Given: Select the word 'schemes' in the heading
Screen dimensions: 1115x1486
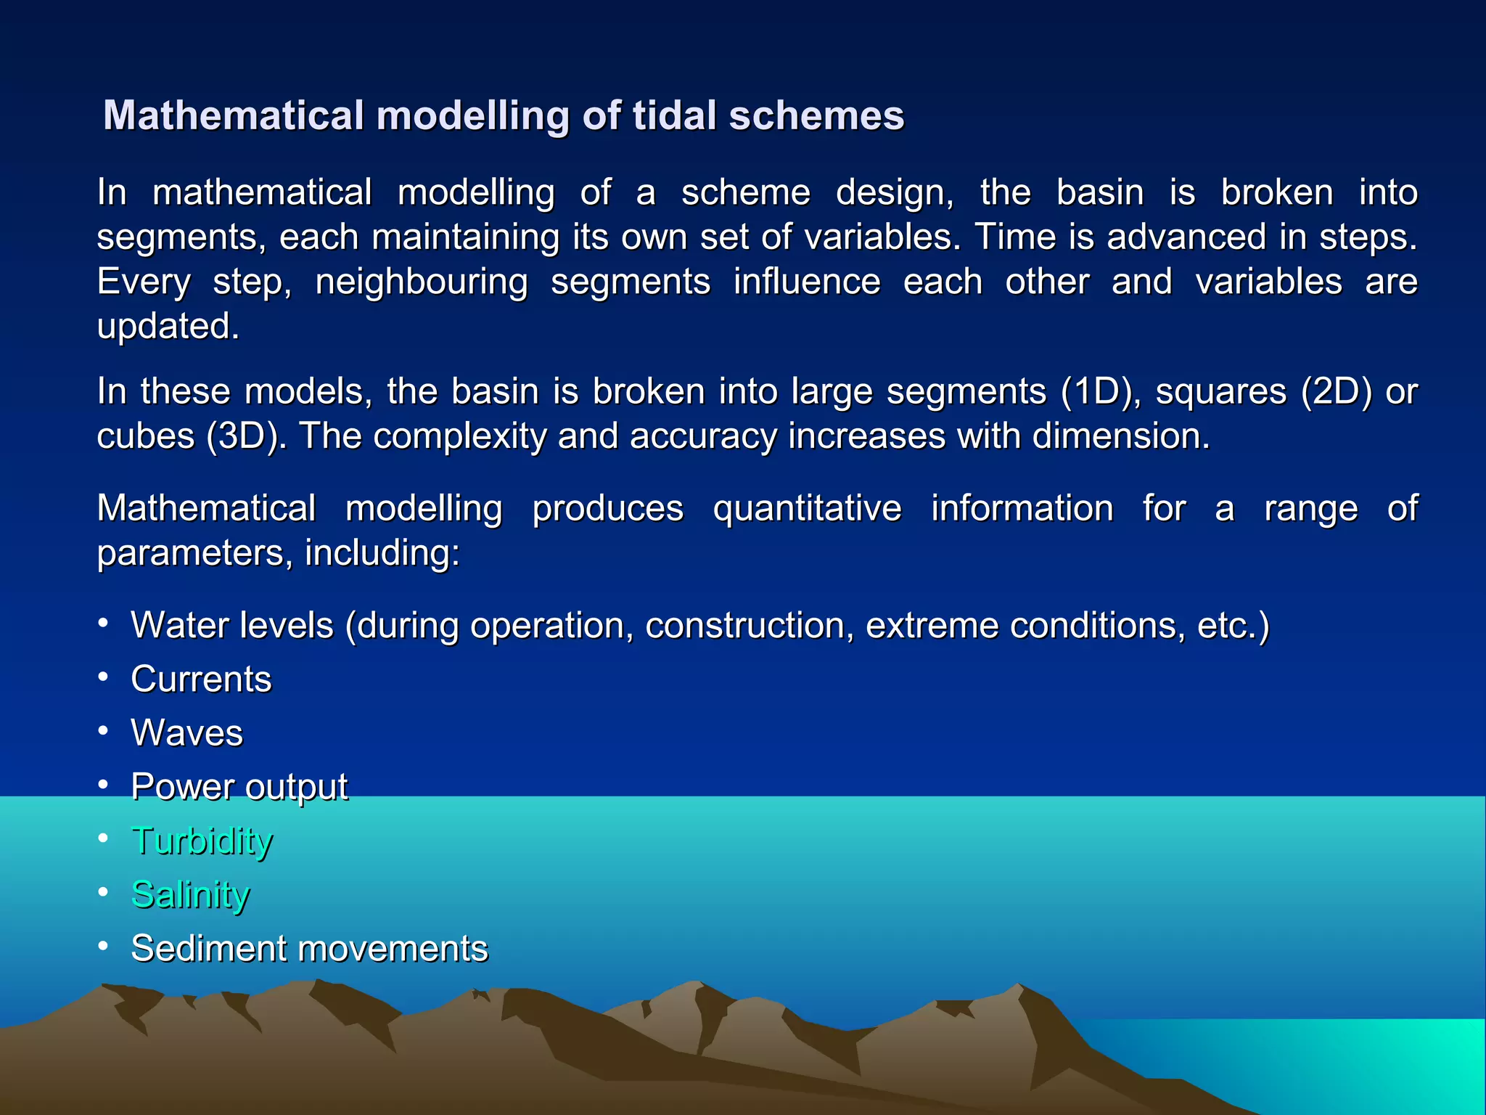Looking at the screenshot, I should (816, 115).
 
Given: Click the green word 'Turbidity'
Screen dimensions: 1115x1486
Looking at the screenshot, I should (202, 841).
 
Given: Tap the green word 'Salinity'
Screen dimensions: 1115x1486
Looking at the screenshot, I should (190, 895).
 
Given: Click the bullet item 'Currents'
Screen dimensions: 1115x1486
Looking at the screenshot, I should (201, 679).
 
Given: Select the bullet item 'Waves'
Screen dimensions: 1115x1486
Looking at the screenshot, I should (186, 733).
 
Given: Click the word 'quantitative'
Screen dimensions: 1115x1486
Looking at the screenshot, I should (807, 508).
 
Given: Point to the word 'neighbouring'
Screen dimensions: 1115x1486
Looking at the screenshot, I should (422, 282).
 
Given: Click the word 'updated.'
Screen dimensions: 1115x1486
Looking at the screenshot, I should (168, 327).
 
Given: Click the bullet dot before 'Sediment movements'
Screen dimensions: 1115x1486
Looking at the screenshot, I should (104, 946).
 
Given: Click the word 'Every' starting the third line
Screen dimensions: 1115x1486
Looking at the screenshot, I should (144, 282).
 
